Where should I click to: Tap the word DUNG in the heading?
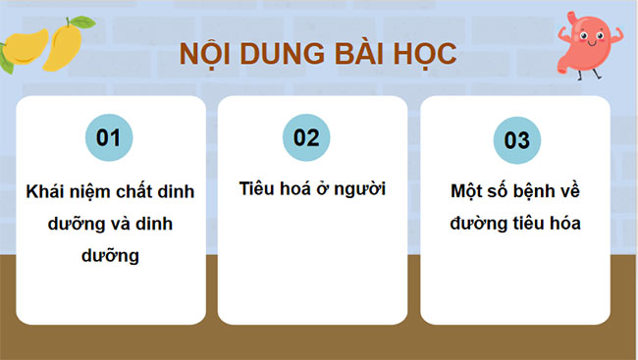pos(276,54)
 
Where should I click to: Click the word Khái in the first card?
pos(47,192)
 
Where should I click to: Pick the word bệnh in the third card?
pos(539,192)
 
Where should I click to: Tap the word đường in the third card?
pos(478,224)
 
